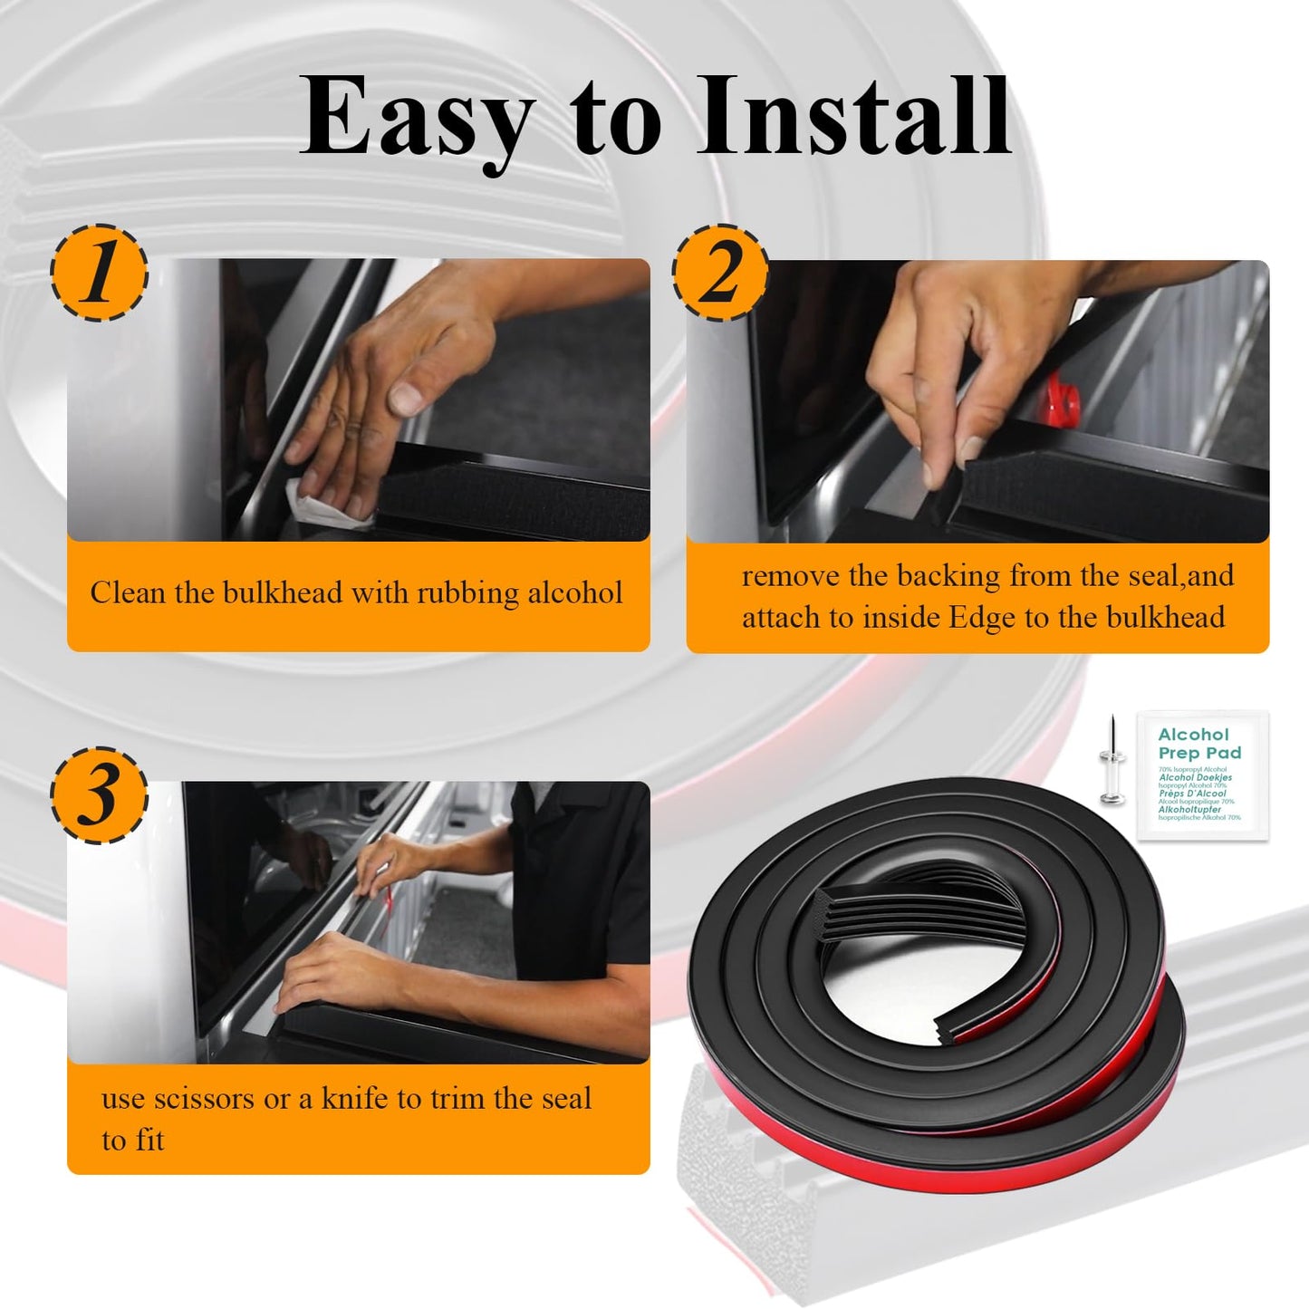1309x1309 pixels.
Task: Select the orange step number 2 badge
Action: [720, 273]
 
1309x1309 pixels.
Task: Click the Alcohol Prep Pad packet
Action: [1200, 775]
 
